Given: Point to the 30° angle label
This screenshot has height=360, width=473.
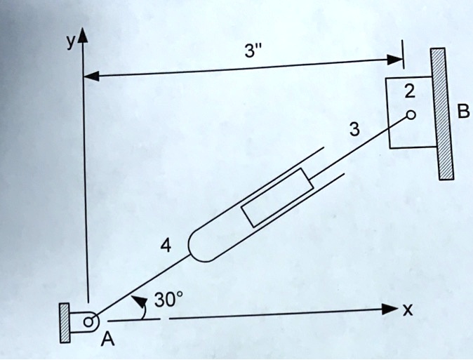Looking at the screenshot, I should [168, 300].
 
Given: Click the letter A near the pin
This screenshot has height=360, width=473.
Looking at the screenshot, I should [107, 340].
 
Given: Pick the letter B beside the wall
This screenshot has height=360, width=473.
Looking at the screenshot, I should [464, 112].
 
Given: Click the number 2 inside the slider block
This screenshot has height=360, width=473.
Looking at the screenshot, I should [410, 91].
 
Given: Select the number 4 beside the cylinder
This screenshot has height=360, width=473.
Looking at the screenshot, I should [166, 245].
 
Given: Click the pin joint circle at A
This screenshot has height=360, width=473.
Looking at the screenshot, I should [88, 322].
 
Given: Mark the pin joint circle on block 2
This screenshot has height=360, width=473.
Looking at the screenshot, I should [411, 114].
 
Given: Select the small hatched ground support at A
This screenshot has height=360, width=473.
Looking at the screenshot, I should [65, 323].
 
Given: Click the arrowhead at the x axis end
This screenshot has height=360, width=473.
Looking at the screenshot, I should [391, 309].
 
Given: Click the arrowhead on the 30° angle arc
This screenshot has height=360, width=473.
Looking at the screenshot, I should [143, 302].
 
